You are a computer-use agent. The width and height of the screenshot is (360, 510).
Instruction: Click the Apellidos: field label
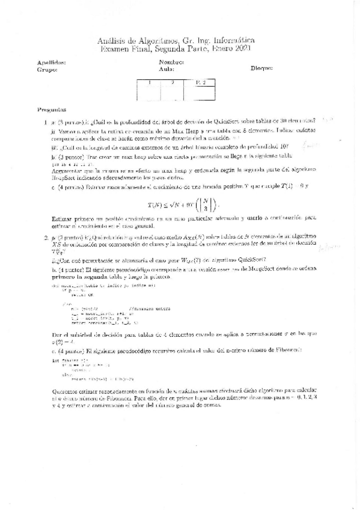click(x=52, y=62)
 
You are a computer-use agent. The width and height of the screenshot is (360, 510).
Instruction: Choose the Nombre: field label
click(x=171, y=62)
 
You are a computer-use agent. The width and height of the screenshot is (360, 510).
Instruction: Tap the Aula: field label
click(x=166, y=69)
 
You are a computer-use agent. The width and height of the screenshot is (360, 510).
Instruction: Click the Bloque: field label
click(x=262, y=69)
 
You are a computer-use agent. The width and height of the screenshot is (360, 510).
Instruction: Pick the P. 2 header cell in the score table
click(x=200, y=82)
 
